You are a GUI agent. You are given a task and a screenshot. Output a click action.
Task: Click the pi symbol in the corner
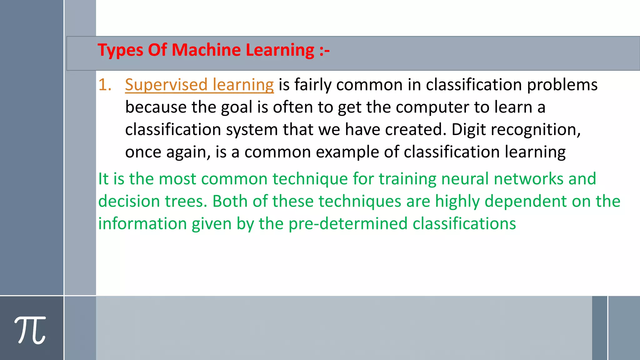30,330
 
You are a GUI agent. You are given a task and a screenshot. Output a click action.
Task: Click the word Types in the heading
121,50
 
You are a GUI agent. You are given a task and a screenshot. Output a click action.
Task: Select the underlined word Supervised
166,85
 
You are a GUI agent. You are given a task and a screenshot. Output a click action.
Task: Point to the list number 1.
105,85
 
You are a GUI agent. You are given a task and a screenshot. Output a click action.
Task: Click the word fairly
313,85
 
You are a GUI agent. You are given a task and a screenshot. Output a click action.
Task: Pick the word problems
562,85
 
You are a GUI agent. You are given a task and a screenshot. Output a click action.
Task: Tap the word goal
237,107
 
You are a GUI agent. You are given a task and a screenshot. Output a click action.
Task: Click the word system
252,130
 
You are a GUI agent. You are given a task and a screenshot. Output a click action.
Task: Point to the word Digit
469,130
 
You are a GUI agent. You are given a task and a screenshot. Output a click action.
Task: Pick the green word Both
230,201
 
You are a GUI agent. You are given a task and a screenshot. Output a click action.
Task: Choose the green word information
142,224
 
